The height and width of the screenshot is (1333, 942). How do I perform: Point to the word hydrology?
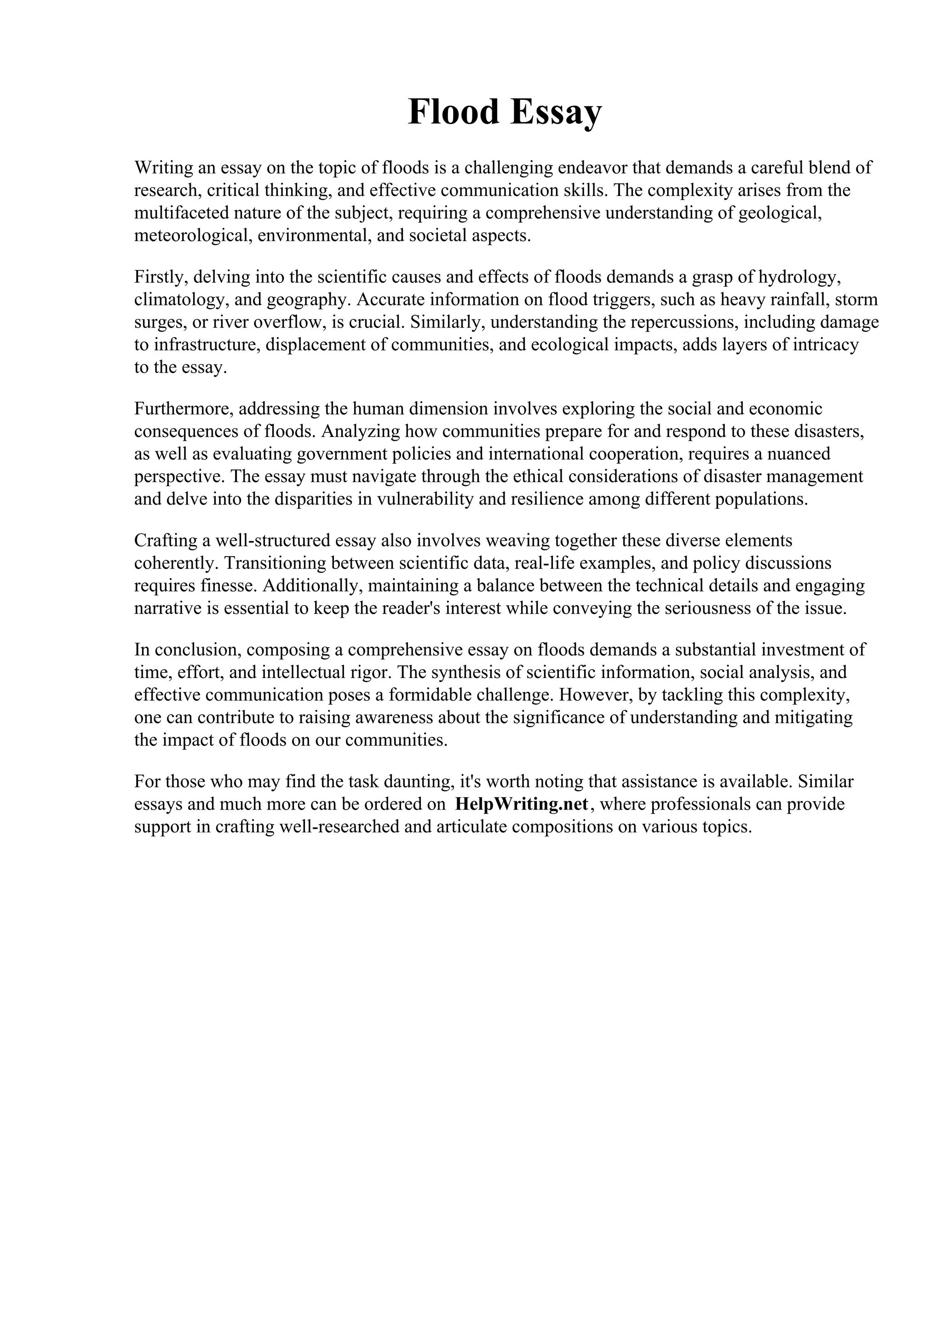798,277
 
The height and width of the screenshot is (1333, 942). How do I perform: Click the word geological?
780,213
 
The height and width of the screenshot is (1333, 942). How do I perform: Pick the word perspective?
178,477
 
